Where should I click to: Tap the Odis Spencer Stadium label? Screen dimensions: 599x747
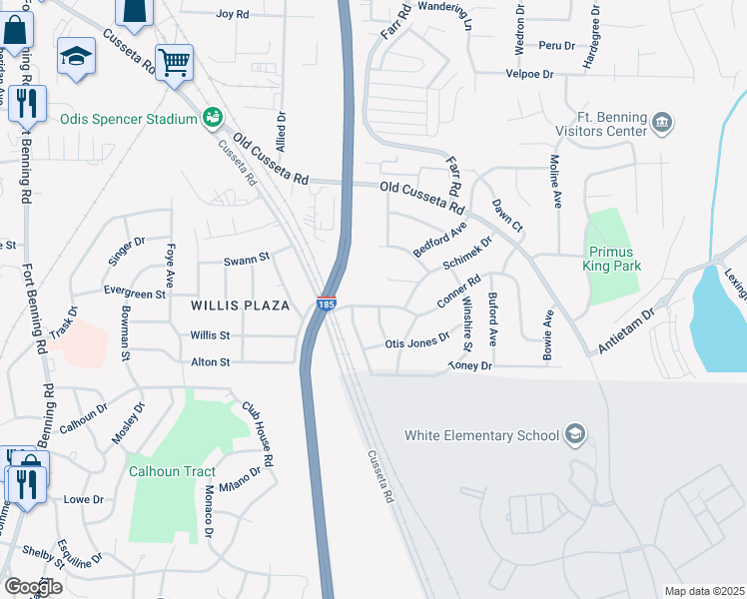(x=127, y=120)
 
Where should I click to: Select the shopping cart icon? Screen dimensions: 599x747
(x=174, y=62)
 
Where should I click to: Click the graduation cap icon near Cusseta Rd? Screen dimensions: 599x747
(x=75, y=56)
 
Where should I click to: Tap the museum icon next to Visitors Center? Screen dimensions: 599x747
(x=661, y=124)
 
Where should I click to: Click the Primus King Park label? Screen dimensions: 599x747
(x=613, y=259)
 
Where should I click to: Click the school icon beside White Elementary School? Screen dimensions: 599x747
(x=575, y=433)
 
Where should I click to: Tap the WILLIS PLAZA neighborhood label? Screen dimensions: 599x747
(x=243, y=304)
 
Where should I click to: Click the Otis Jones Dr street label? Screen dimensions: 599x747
(x=417, y=342)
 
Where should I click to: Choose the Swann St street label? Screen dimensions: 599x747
(x=247, y=258)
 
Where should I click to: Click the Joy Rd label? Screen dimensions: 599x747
(x=232, y=15)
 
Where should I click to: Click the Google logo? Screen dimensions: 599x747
(x=32, y=586)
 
